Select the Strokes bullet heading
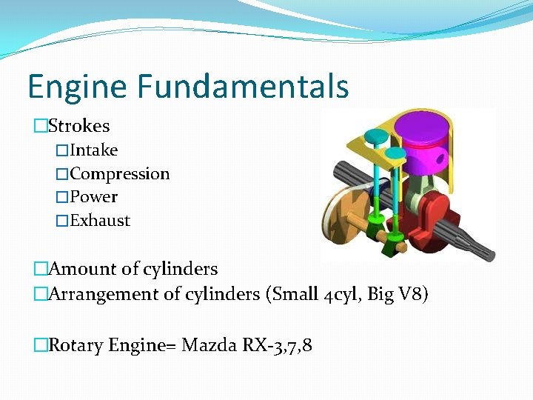tap(78, 126)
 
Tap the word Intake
tap(93, 150)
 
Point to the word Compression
tap(120, 174)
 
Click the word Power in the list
tap(93, 197)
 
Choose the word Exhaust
tap(100, 221)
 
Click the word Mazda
tap(209, 344)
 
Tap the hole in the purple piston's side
tap(439, 159)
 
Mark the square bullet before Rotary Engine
tap(40, 344)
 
